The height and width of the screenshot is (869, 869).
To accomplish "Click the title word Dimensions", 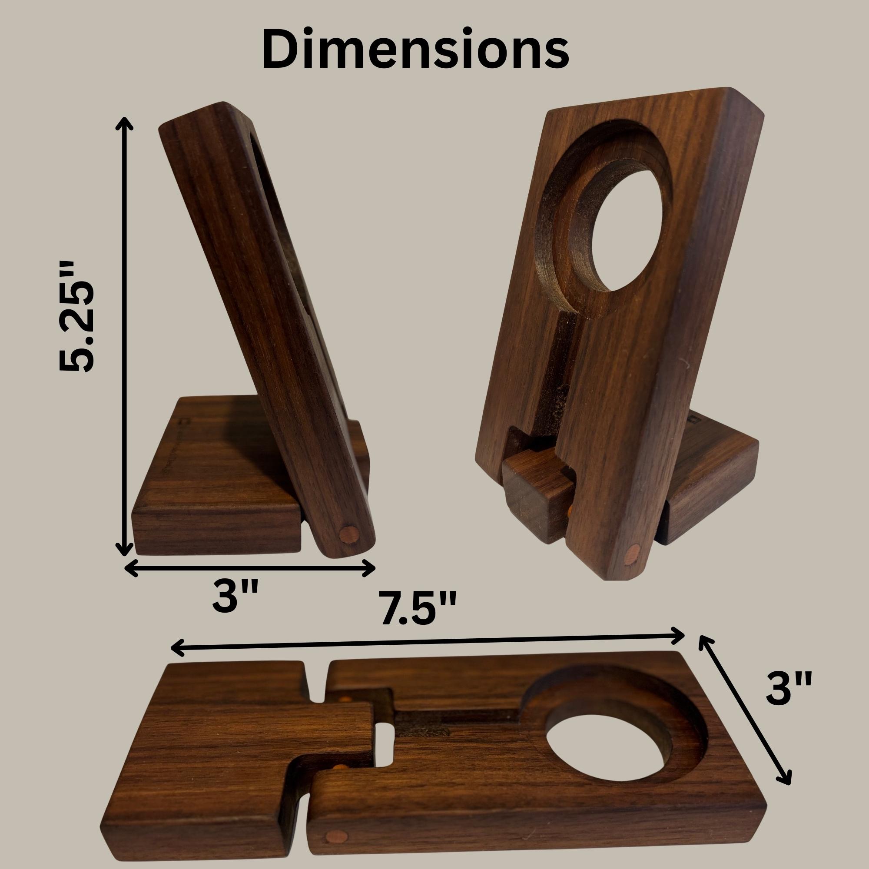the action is click(x=415, y=49).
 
